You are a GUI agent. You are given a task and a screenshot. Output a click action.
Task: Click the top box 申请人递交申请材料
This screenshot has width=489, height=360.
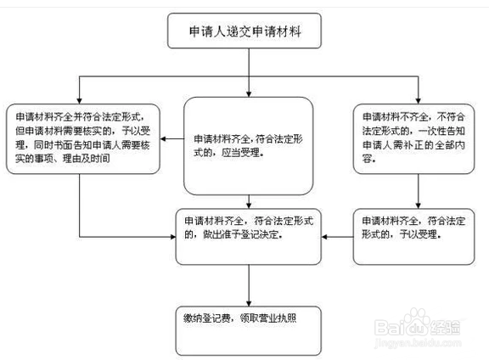(x=244, y=31)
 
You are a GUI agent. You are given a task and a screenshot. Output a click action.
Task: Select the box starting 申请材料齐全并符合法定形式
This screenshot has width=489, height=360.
(x=83, y=139)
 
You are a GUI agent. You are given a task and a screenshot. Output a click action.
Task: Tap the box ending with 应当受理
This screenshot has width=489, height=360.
(x=248, y=146)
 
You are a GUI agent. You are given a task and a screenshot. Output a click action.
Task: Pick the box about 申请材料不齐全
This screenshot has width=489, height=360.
(x=413, y=139)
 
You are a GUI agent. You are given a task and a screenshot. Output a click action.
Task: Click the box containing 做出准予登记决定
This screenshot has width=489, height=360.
(x=248, y=237)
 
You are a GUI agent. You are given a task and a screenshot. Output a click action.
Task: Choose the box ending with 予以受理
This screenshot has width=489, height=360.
(x=413, y=237)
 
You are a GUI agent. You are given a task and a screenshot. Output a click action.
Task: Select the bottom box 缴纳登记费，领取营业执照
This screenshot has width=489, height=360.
(x=248, y=330)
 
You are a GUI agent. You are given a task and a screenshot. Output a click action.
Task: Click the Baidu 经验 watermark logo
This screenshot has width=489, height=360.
(x=418, y=323)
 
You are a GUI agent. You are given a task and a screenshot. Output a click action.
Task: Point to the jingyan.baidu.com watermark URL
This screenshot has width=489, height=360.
(x=418, y=343)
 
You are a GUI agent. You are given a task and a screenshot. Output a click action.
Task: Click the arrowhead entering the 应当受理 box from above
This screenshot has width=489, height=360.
(x=249, y=94)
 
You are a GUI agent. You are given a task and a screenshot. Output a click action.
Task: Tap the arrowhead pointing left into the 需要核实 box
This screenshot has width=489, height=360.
(x=163, y=139)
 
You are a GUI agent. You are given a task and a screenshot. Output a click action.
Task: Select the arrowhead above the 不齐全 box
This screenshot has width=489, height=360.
(x=419, y=101)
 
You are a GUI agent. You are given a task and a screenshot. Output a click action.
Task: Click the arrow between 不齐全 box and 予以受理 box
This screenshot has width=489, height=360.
(x=419, y=191)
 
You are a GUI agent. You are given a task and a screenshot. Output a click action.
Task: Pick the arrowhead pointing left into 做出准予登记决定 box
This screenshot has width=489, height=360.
(x=324, y=237)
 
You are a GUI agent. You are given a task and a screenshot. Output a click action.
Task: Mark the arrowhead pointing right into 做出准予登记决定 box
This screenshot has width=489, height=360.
(x=173, y=237)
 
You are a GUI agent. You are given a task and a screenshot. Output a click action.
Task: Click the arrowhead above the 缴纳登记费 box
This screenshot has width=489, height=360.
(x=249, y=303)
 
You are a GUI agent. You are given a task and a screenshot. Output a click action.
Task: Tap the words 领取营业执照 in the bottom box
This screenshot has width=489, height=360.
(x=268, y=318)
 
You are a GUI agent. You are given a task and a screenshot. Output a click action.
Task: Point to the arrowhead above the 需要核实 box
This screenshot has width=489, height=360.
(x=79, y=101)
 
